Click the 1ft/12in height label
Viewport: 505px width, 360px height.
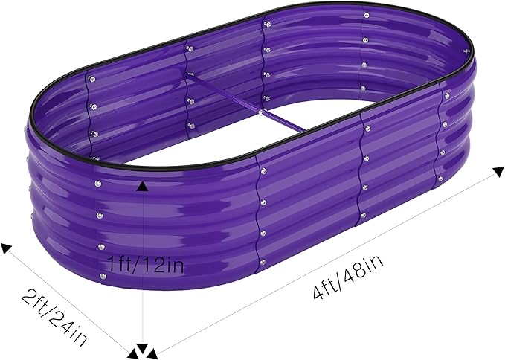pos(147,264)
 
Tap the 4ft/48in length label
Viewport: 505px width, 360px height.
pos(349,277)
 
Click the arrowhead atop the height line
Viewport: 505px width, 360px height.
pos(142,187)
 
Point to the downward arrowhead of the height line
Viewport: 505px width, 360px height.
pos(142,349)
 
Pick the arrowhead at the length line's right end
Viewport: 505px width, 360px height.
pos(498,171)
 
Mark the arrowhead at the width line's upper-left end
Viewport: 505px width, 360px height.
pos(6,248)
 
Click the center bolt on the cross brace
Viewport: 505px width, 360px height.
pos(260,112)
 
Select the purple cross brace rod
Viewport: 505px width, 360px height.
pos(246,103)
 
